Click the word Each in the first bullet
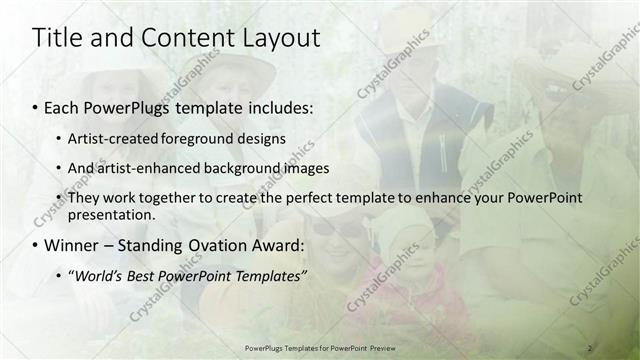point(64,105)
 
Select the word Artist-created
point(112,138)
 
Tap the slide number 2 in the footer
point(590,348)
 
